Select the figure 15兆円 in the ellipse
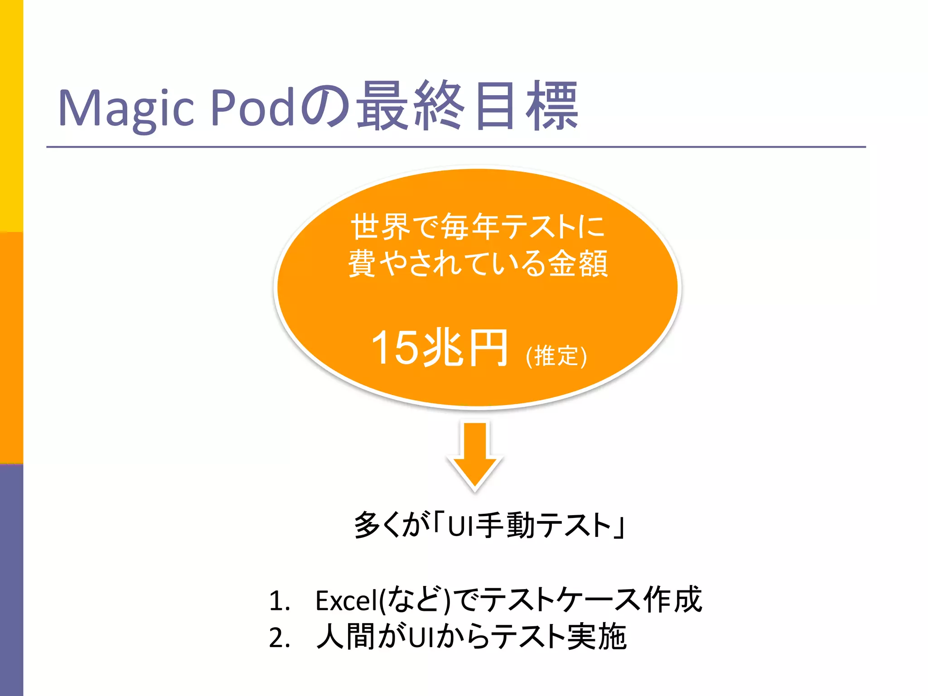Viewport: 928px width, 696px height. [x=439, y=348]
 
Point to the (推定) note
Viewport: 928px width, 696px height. [x=556, y=356]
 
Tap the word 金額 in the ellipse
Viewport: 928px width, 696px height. [x=578, y=263]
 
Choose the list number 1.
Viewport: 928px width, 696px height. [x=279, y=601]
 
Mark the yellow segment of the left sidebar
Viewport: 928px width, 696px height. [x=11, y=116]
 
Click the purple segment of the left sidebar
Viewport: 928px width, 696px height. [x=11, y=580]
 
